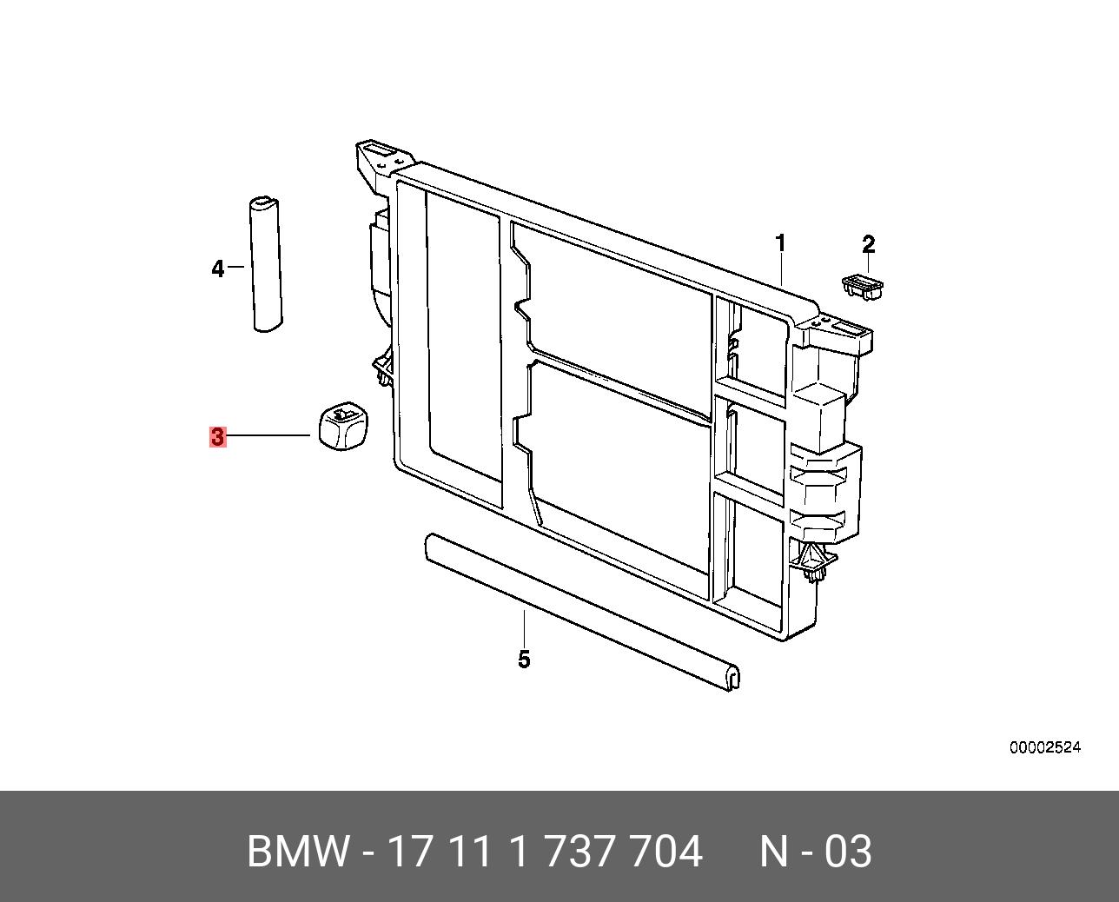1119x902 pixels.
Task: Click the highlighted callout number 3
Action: [217, 436]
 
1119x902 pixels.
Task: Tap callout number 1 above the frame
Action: [780, 243]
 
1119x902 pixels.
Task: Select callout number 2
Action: [868, 245]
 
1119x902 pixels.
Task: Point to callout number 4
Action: [217, 269]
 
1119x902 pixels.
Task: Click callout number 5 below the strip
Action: [524, 660]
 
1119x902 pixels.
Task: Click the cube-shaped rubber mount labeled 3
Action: [341, 427]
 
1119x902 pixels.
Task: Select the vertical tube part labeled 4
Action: [266, 264]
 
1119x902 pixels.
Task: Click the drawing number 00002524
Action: [1044, 747]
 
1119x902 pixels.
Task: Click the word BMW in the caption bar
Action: [298, 852]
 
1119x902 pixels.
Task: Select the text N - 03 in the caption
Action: [815, 852]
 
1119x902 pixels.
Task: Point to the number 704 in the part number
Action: [666, 852]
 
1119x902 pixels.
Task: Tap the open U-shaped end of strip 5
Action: [732, 677]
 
